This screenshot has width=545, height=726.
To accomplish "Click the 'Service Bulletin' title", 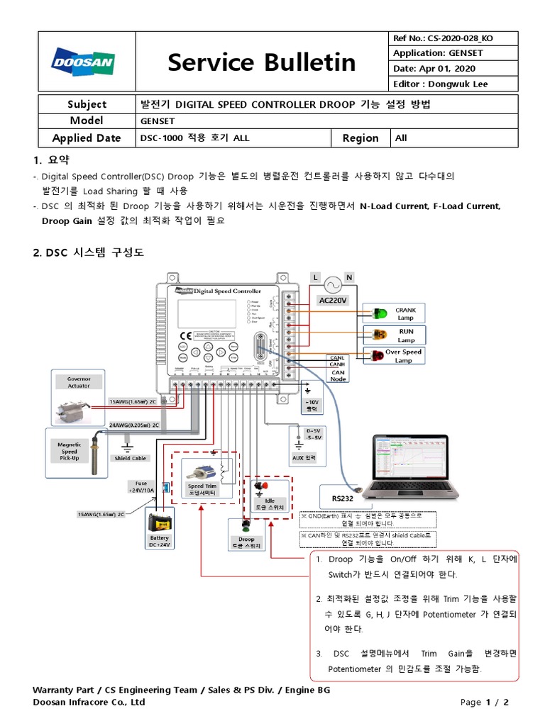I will [261, 62].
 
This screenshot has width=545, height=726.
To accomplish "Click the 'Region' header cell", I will [360, 138].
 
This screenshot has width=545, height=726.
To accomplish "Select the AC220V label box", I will [332, 301].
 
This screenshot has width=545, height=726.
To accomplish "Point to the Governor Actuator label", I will [79, 382].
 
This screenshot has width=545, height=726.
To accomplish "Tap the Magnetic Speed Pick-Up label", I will [69, 451].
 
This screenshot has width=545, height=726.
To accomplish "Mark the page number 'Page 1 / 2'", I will [485, 702].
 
